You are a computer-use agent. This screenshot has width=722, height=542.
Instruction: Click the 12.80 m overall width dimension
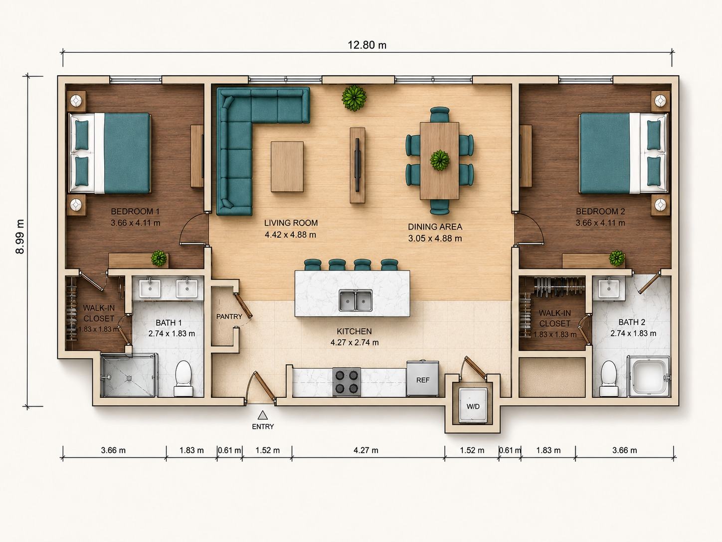(367, 45)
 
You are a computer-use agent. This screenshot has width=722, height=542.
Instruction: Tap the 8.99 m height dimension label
(20, 236)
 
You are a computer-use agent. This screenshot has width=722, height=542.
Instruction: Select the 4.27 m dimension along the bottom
(366, 450)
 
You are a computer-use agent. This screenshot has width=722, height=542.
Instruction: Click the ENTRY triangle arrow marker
(262, 415)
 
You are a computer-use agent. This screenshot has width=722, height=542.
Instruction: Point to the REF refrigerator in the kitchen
(423, 378)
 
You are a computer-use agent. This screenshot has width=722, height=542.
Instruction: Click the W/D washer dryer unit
(473, 405)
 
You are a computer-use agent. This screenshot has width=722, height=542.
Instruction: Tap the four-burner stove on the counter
(347, 382)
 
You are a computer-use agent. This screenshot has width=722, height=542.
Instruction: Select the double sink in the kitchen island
(356, 300)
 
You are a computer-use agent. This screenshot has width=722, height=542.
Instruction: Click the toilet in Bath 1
(183, 378)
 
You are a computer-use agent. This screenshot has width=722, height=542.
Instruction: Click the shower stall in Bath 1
(128, 375)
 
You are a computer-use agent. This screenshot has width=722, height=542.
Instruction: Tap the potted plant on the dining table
(440, 160)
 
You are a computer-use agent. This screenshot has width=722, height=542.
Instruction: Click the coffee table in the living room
(287, 167)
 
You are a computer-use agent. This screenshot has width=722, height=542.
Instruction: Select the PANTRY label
(229, 316)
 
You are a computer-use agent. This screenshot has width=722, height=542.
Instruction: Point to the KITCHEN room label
(354, 331)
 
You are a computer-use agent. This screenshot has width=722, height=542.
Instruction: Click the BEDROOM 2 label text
(600, 211)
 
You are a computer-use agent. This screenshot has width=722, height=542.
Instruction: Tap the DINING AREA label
(435, 227)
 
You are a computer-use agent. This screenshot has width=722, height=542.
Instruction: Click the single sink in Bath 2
(608, 288)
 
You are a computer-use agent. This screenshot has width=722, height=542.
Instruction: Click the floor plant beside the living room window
(354, 98)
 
